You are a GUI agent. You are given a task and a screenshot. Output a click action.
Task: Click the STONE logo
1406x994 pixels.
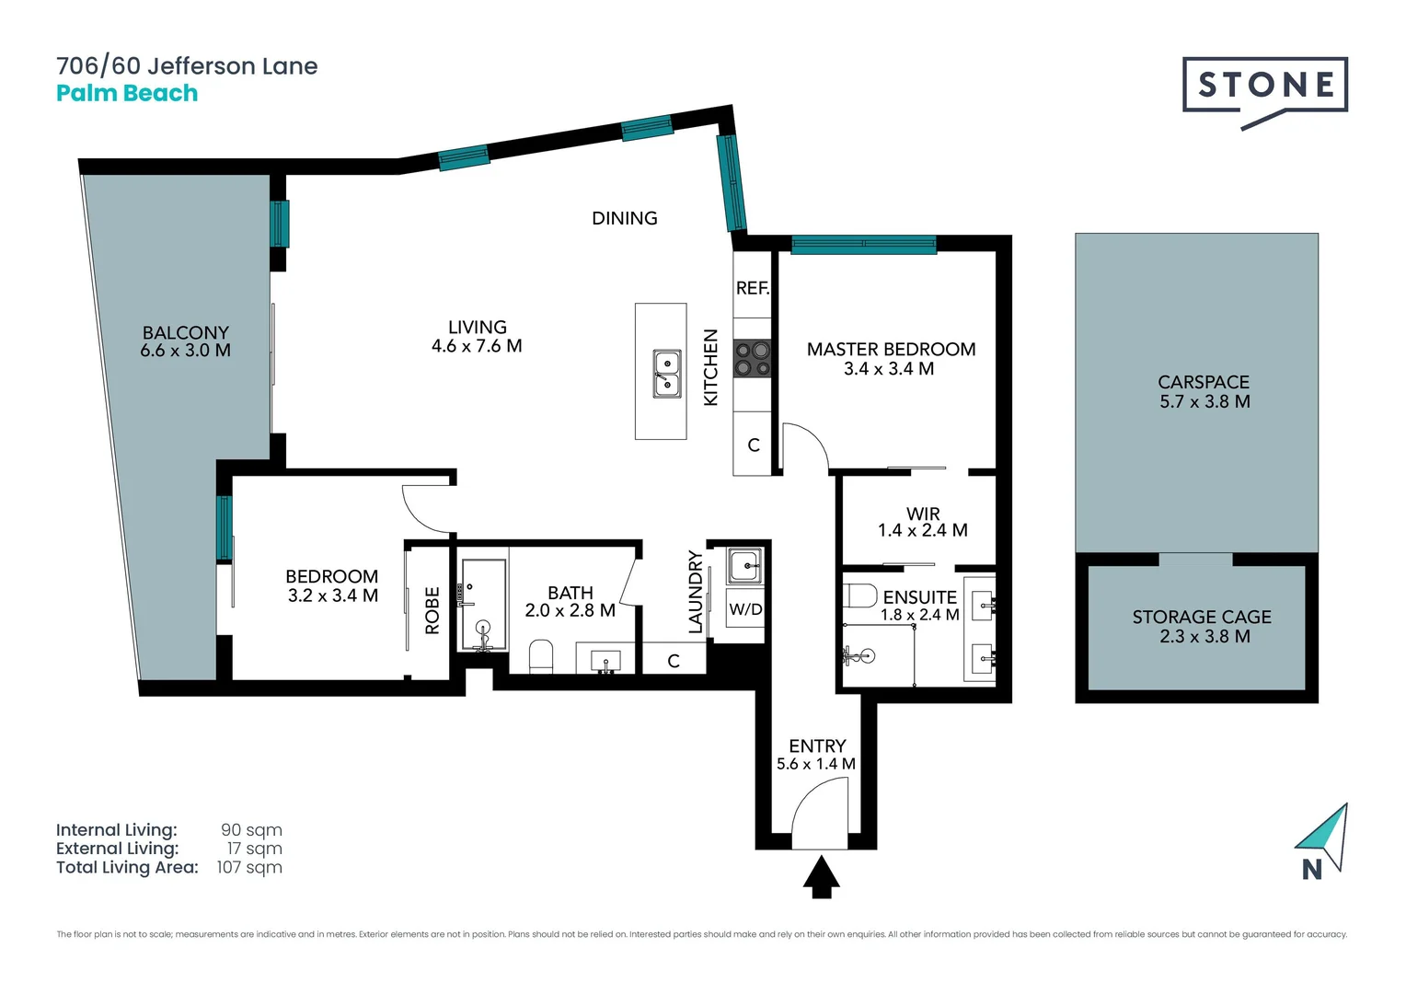pyautogui.click(x=1264, y=86)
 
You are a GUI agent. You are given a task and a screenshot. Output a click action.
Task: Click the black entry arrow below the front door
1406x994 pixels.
pyautogui.click(x=821, y=877)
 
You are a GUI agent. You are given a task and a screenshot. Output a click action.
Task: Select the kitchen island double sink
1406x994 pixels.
pyautogui.click(x=667, y=374)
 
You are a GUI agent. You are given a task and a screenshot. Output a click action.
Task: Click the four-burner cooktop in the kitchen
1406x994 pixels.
pyautogui.click(x=752, y=359)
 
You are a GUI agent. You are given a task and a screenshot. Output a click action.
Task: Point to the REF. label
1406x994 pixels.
pyautogui.click(x=752, y=288)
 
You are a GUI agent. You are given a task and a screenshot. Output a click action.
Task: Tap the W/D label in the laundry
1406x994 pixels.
pyautogui.click(x=745, y=609)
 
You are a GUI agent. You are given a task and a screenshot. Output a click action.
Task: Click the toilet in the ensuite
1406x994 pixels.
pyautogui.click(x=859, y=595)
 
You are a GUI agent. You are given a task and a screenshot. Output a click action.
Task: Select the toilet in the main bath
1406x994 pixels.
pyautogui.click(x=541, y=656)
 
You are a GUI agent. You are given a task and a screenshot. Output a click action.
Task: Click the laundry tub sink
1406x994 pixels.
pyautogui.click(x=744, y=565)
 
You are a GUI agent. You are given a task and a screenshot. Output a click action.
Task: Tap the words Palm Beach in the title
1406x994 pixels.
pyautogui.click(x=127, y=93)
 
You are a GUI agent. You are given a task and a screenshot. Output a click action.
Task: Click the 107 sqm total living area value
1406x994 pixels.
pyautogui.click(x=249, y=867)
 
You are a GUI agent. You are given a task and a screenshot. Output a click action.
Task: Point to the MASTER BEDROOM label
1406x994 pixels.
pyautogui.click(x=891, y=349)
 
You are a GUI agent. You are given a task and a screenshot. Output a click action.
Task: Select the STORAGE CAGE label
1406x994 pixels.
pyautogui.click(x=1201, y=617)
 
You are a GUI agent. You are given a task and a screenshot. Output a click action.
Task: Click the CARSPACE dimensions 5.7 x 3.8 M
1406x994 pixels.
pyautogui.click(x=1204, y=401)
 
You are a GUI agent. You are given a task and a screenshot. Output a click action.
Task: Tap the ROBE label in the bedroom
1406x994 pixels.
pyautogui.click(x=432, y=610)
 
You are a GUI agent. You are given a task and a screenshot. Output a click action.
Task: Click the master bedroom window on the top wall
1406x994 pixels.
pyautogui.click(x=863, y=245)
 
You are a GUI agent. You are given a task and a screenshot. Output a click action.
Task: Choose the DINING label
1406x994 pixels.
pyautogui.click(x=624, y=218)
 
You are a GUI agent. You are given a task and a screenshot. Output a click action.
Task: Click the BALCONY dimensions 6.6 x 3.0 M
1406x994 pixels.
pyautogui.click(x=185, y=351)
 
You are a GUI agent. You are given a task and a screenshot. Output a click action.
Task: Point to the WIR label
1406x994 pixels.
pyautogui.click(x=923, y=514)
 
